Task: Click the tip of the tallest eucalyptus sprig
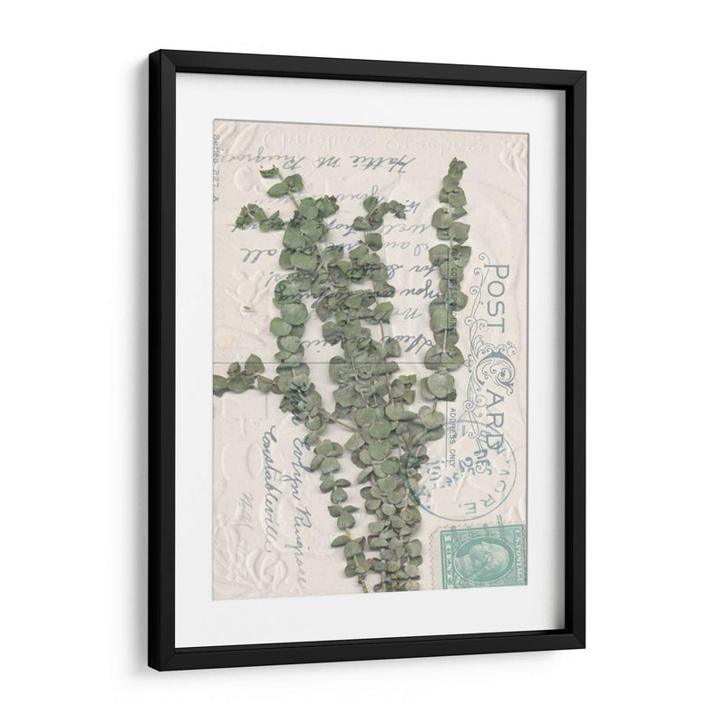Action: coord(457,166)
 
